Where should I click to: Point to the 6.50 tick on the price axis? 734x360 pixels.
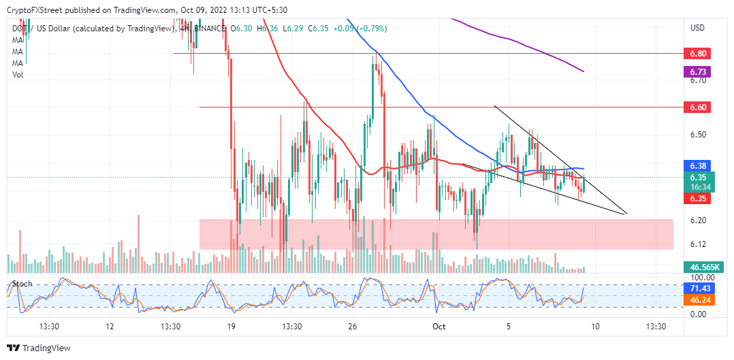699,135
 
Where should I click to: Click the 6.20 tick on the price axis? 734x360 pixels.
699,220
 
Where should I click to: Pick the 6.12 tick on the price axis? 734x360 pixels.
699,244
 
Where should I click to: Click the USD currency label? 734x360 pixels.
697,28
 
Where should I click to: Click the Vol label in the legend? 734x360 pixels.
18,74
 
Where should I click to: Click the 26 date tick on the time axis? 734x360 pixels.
353,327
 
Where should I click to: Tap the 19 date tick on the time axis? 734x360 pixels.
232,327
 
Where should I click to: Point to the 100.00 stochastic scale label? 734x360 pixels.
702,278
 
